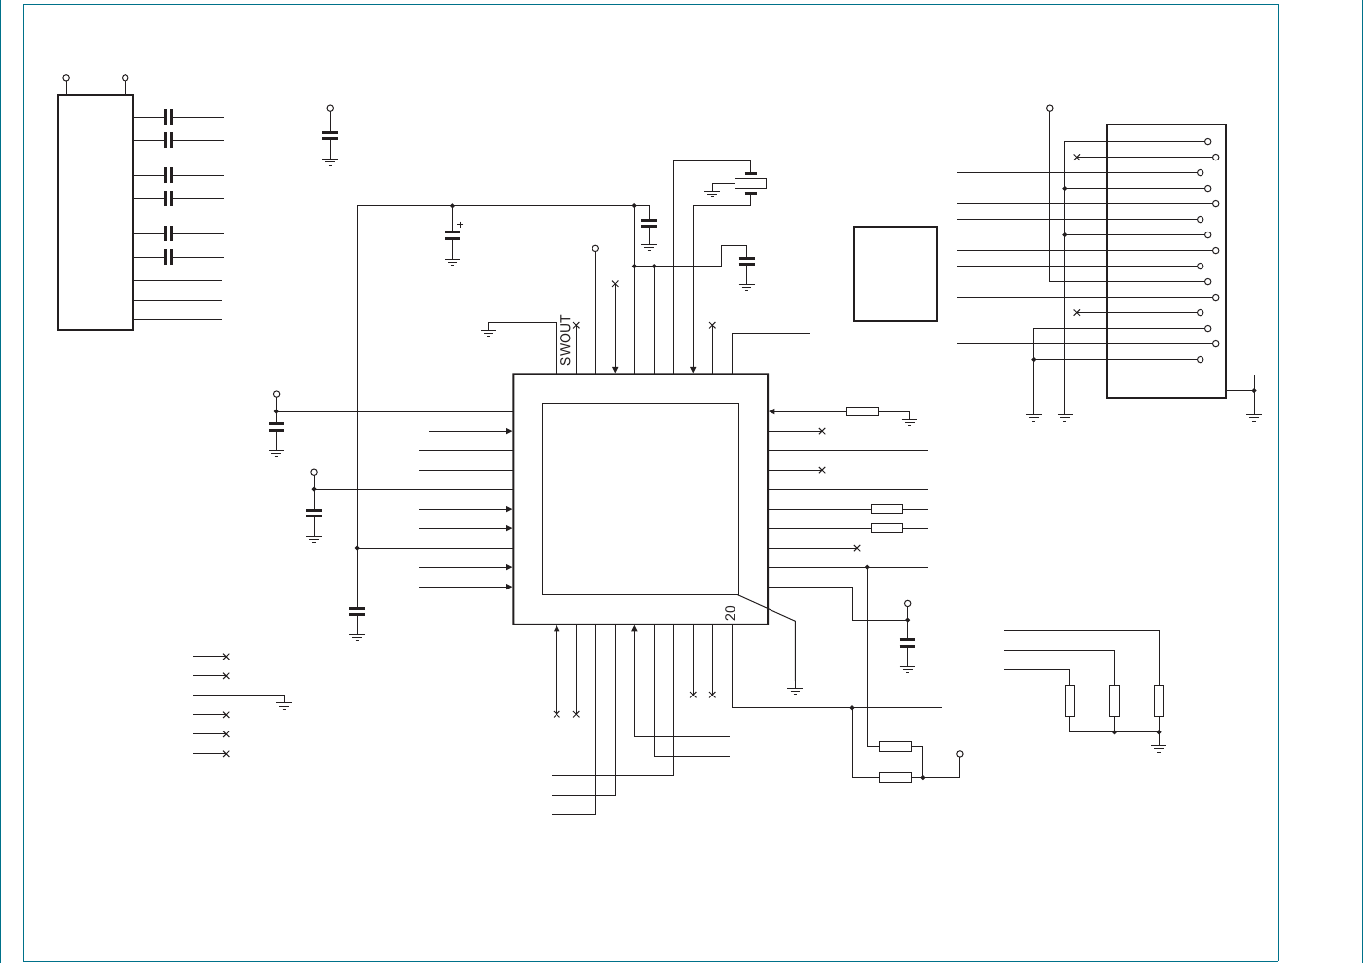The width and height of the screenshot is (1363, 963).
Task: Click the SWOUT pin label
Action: click(x=565, y=340)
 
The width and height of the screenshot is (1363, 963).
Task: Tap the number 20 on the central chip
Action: click(x=731, y=613)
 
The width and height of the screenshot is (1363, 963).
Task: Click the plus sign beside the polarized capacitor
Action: click(x=460, y=225)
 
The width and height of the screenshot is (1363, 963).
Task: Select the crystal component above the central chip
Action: click(x=750, y=183)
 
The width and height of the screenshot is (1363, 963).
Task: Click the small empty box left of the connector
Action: click(x=895, y=273)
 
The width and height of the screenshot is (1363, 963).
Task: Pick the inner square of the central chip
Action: click(x=640, y=499)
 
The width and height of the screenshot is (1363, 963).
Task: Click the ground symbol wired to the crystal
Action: click(x=712, y=193)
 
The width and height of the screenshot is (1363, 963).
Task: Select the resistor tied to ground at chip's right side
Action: click(x=862, y=411)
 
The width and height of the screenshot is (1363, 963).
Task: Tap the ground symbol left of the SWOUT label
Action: click(x=488, y=332)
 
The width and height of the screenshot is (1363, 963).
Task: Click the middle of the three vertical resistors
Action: click(x=1114, y=700)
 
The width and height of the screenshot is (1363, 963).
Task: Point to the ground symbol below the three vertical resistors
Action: click(x=1159, y=749)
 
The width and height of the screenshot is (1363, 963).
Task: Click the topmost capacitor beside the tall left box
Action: click(x=168, y=117)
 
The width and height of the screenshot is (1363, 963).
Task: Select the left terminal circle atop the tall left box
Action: click(x=66, y=78)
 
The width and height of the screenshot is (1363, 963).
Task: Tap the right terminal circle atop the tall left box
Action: click(x=126, y=78)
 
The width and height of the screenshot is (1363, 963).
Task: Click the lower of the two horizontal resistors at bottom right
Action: click(x=895, y=777)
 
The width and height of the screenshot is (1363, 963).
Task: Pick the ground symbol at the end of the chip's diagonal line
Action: click(x=795, y=691)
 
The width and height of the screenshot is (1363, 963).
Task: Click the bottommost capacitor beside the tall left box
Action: click(x=168, y=258)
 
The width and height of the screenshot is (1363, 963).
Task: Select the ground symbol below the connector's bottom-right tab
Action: click(x=1254, y=418)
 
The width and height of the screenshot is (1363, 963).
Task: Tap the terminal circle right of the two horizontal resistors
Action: click(x=960, y=754)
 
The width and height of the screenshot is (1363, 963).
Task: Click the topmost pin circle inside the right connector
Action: click(x=1208, y=142)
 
